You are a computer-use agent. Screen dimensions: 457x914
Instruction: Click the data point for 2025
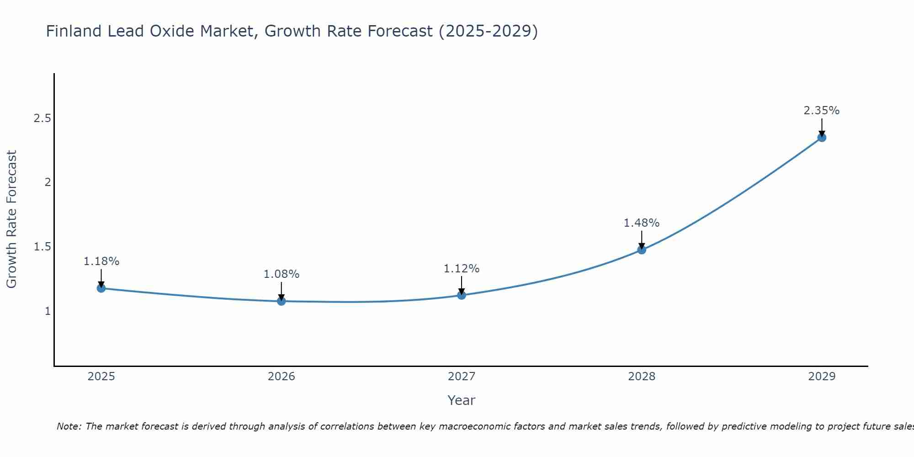tap(101, 288)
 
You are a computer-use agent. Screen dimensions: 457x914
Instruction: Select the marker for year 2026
tap(282, 301)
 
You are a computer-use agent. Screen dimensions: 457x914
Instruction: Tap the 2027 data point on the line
tap(462, 295)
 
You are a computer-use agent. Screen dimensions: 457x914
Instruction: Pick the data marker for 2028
tap(642, 250)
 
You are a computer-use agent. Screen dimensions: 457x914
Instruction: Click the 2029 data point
tap(822, 138)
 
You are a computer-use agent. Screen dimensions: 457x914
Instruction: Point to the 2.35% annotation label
tap(821, 111)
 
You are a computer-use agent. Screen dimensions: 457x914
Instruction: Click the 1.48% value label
tap(641, 223)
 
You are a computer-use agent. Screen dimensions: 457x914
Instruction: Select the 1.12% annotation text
tap(461, 269)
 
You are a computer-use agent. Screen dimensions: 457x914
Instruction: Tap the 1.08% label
tap(281, 274)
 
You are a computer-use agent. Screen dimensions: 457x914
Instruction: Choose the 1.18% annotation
tap(101, 261)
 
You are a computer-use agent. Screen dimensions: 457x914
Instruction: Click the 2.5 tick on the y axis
tap(42, 118)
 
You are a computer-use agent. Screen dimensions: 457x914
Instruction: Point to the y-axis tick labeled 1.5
tap(42, 247)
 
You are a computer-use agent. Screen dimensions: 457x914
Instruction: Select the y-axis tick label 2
tap(47, 182)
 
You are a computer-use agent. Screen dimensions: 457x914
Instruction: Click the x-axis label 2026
tap(282, 377)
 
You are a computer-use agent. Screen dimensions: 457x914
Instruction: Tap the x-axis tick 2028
tap(642, 377)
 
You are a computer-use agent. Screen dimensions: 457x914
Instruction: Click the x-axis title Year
tap(461, 400)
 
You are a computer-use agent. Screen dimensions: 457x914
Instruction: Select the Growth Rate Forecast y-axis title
tap(11, 219)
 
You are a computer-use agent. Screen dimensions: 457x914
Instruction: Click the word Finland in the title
tap(74, 32)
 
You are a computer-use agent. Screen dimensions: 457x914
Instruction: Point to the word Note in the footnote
tap(68, 426)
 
